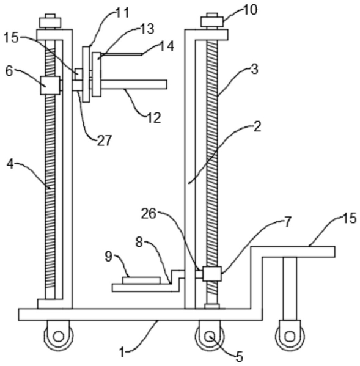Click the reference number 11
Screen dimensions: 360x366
(122, 13)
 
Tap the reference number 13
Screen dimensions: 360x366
(147, 29)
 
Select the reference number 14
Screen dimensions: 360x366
(167, 46)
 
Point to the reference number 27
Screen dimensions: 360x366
(105, 141)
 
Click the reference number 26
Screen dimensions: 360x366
(149, 213)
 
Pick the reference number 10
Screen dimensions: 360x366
(250, 10)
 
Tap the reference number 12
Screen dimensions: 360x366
(154, 118)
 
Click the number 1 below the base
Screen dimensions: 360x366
(122, 352)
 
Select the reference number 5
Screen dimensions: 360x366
(240, 357)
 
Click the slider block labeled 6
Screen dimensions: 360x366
(50, 85)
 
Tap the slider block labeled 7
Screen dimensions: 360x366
(211, 274)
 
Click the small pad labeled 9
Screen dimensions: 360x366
(141, 280)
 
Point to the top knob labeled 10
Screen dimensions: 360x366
(212, 22)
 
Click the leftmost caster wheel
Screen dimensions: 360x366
(58, 336)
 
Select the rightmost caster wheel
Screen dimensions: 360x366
(290, 336)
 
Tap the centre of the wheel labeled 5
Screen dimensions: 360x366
(210, 337)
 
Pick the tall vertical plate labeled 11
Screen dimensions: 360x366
(86, 74)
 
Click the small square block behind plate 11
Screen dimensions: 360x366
(79, 75)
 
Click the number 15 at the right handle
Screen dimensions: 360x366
(349, 218)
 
